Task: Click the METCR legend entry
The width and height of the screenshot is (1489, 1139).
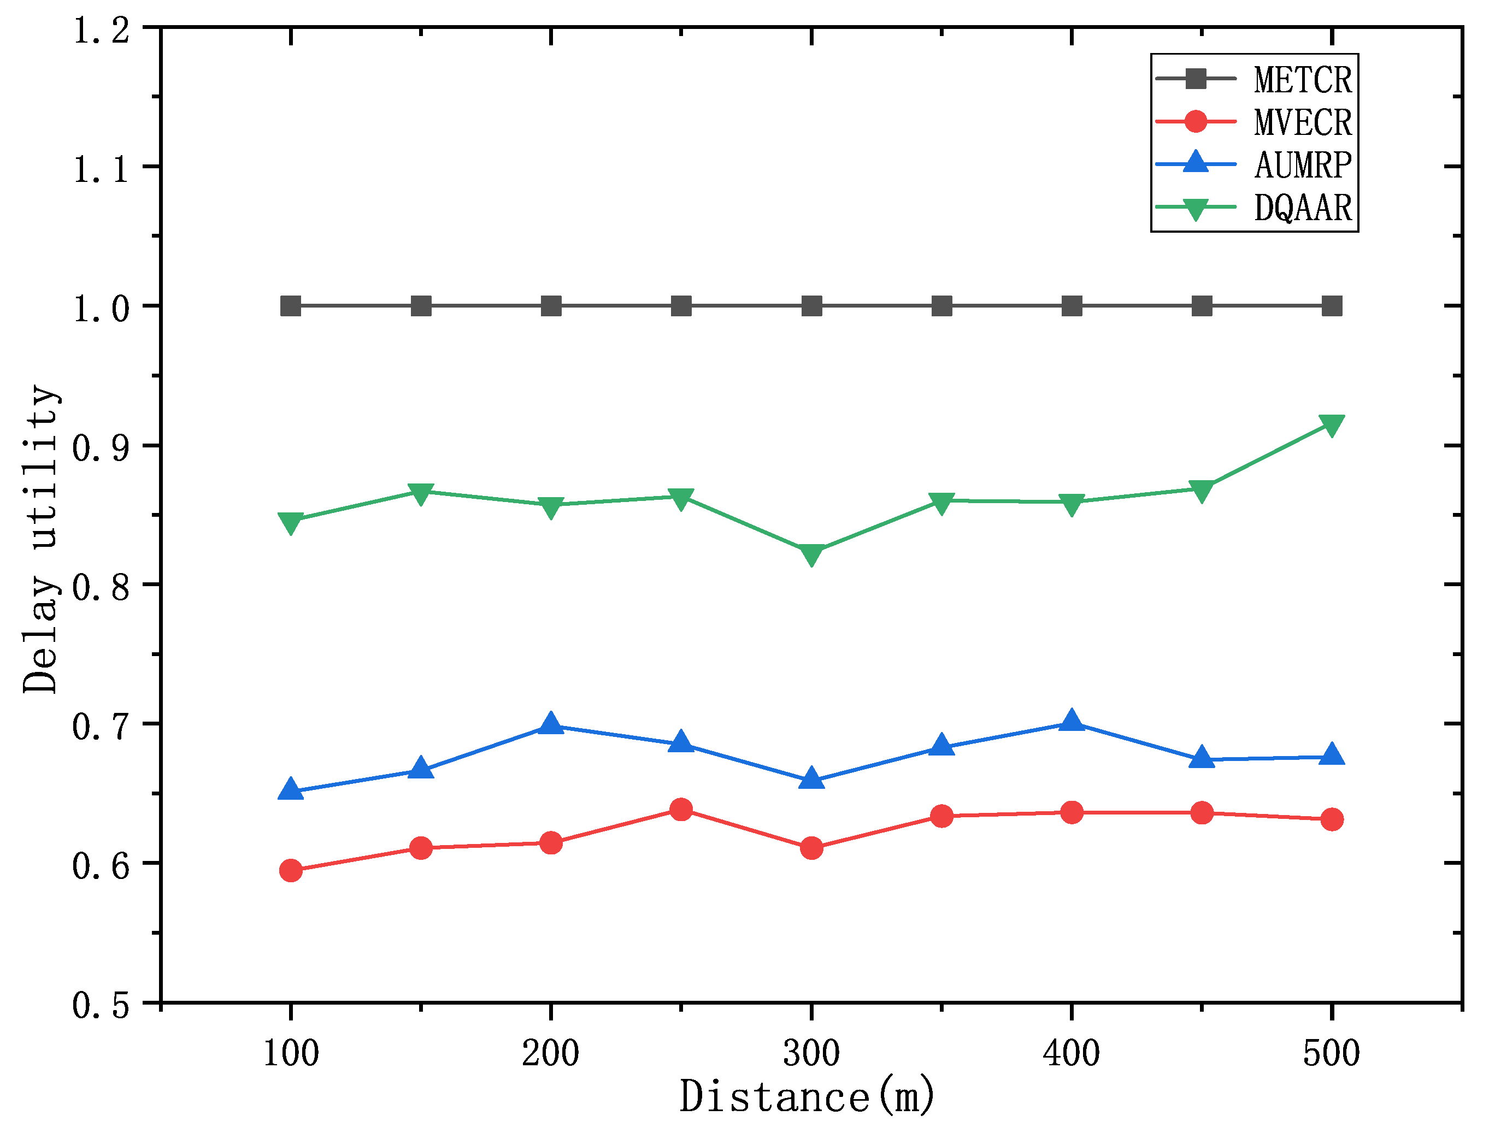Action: click(x=1303, y=80)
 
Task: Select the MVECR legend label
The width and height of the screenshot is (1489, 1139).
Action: click(x=1303, y=123)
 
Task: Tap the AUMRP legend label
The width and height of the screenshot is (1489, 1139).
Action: click(x=1303, y=165)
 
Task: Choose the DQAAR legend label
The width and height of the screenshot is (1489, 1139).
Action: click(x=1303, y=208)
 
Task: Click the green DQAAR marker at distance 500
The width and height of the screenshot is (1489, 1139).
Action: click(x=1332, y=425)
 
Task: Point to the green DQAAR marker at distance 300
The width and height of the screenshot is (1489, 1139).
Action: click(x=811, y=553)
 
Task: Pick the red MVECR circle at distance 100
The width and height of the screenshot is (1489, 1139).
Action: click(x=291, y=871)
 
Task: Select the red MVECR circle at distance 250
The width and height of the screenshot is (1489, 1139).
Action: click(x=681, y=810)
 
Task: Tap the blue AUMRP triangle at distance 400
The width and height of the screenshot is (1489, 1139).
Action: click(x=1072, y=721)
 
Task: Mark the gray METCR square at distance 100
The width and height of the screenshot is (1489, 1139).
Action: click(x=291, y=306)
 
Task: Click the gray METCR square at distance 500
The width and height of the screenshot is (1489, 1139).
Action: click(x=1332, y=306)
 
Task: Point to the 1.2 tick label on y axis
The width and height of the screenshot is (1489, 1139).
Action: click(x=101, y=31)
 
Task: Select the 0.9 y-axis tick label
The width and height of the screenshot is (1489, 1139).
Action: click(x=101, y=448)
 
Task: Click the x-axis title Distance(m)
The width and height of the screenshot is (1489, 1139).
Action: click(x=807, y=1097)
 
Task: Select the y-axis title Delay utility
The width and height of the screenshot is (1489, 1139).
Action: click(x=40, y=540)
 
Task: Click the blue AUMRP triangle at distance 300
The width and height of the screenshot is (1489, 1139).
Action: click(x=811, y=780)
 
